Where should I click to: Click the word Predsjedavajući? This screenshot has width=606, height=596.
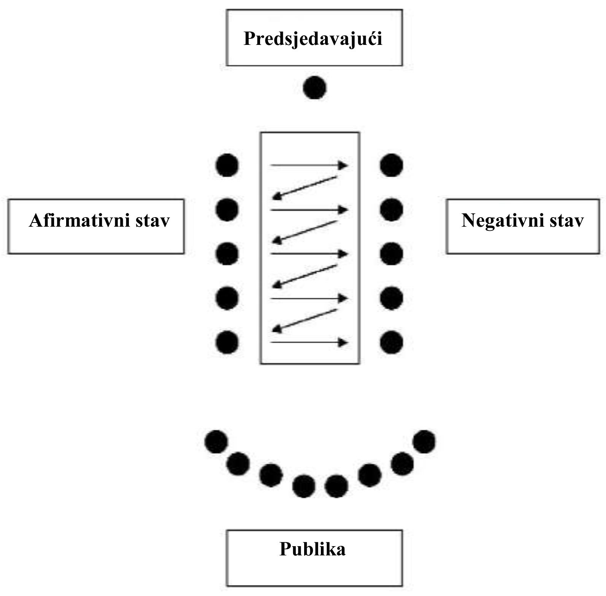pos(313,38)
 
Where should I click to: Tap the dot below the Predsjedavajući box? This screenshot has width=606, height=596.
pos(314,88)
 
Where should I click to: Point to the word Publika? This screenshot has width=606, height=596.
pos(313,549)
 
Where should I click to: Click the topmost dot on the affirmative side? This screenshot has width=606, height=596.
pos(227,165)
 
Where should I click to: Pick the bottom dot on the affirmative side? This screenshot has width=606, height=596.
pos(227,342)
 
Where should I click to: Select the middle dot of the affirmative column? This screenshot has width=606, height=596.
pos(227,254)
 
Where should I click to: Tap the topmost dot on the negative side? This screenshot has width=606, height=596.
pos(391,165)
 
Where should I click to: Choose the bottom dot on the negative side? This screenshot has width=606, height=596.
pos(391,342)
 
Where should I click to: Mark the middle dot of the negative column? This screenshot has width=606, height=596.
pos(391,254)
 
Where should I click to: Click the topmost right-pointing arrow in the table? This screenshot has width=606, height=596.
pos(309,165)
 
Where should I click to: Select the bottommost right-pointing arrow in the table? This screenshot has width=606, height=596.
pos(309,342)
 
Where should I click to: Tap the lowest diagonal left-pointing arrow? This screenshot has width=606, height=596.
pos(305,320)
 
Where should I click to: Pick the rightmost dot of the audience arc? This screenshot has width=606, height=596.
pos(424,442)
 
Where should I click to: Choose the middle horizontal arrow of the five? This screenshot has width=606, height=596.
pos(309,254)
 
